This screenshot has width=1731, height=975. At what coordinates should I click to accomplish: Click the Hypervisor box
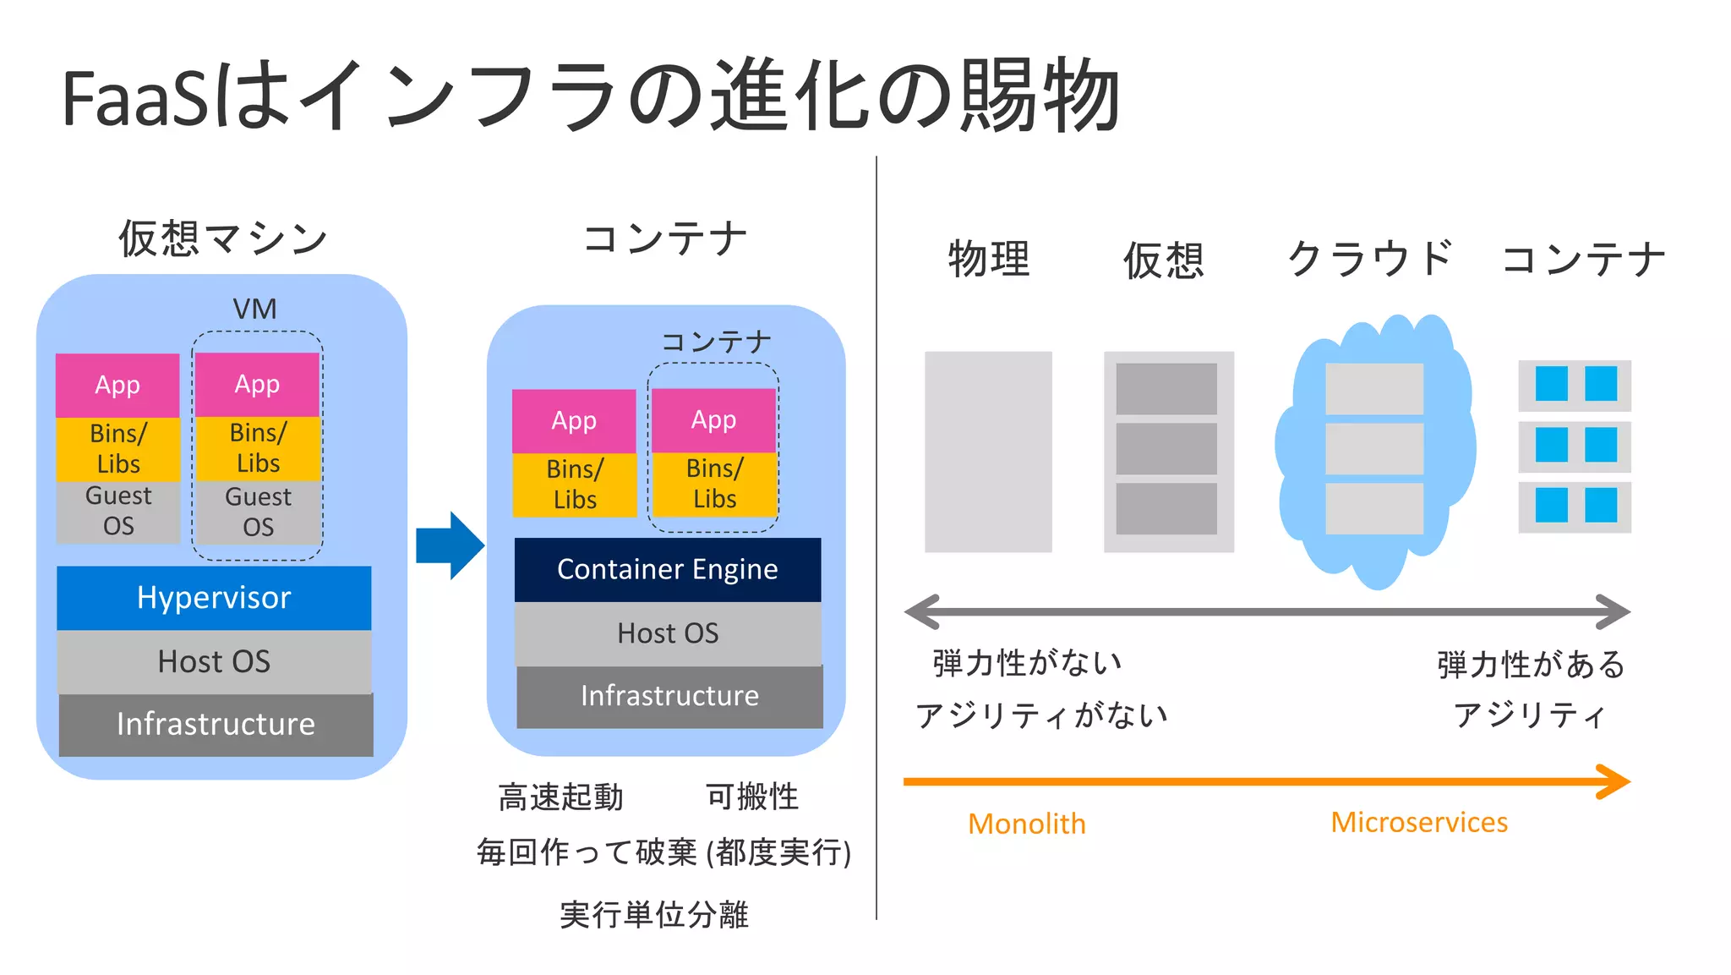(214, 598)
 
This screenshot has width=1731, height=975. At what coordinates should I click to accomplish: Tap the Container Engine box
(668, 569)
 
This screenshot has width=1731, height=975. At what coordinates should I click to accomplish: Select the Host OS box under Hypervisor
(214, 661)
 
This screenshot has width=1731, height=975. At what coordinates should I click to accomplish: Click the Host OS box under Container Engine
(668, 633)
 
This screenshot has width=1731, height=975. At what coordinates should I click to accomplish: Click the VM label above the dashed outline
(254, 309)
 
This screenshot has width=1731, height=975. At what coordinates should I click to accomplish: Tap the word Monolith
(1026, 823)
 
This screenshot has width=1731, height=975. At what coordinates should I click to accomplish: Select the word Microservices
(1419, 822)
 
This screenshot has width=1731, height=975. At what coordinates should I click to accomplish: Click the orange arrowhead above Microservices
(1614, 781)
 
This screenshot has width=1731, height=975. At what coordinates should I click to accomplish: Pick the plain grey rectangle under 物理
(988, 452)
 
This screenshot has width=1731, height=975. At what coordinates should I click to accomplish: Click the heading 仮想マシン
(223, 238)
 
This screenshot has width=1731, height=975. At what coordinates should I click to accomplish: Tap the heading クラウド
(1370, 258)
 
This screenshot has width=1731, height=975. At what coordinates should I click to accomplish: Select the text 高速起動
(560, 797)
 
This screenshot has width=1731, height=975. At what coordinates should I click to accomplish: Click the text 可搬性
(751, 797)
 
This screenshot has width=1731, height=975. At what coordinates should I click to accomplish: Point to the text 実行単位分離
(654, 914)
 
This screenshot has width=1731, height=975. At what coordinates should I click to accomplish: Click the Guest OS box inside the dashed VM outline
(258, 512)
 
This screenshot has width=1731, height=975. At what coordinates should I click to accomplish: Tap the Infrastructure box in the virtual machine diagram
(216, 725)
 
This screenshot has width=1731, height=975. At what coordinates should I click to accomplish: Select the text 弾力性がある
(1531, 665)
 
